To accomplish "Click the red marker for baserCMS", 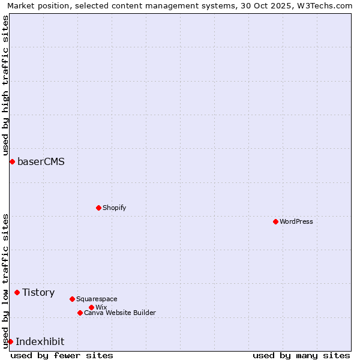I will [x=12, y=161].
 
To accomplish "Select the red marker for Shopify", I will [x=98, y=208].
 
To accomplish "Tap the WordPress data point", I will [x=275, y=221].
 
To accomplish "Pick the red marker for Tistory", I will [x=17, y=292].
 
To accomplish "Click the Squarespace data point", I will [x=72, y=299].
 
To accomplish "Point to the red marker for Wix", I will [x=91, y=307].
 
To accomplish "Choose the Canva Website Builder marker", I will [x=80, y=313].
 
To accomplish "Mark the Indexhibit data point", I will [x=10, y=341].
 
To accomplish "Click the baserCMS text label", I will [x=41, y=161].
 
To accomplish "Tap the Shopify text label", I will [x=114, y=208].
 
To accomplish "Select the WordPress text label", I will [x=296, y=221].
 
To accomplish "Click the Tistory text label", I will [x=38, y=292].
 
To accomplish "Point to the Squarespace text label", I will [x=97, y=299].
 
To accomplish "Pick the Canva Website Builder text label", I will [x=120, y=313].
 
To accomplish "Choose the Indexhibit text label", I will [x=40, y=341].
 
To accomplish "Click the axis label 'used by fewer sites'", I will [x=62, y=355].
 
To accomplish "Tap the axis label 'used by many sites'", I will [x=301, y=355].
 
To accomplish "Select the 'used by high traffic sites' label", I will [x=6, y=83].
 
